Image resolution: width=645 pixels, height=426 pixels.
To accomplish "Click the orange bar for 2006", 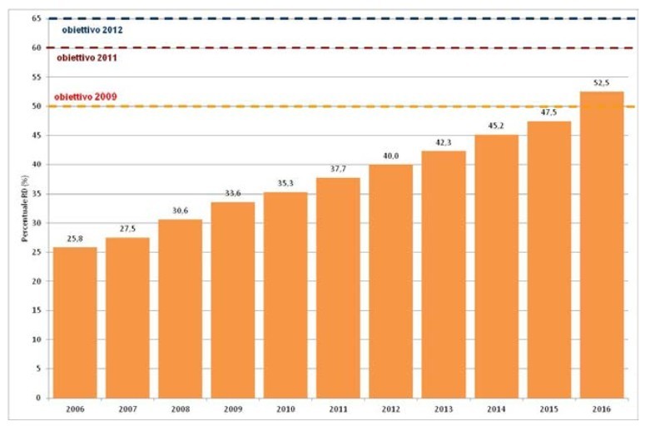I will click(x=75, y=322).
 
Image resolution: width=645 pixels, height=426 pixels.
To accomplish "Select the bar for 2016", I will click(x=602, y=245).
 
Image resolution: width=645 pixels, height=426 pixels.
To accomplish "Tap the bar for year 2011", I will click(x=338, y=287).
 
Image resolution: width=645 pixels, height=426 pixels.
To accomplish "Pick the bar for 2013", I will click(x=444, y=274).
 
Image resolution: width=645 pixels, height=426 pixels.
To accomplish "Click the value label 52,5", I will click(x=602, y=83).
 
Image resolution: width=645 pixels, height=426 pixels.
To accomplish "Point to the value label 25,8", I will click(x=75, y=239).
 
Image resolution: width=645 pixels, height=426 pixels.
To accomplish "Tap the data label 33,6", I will click(x=233, y=193).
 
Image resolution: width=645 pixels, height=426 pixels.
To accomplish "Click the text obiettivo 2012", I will click(x=92, y=30).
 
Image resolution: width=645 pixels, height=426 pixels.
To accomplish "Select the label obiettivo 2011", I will click(x=87, y=59).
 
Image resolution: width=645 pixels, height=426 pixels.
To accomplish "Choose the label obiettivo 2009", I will click(x=86, y=97).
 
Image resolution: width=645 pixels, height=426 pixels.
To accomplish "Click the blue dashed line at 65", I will click(x=333, y=18).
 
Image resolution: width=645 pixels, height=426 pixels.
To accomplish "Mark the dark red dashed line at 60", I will click(x=333, y=47).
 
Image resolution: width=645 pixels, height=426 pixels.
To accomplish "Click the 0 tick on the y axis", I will click(x=39, y=398).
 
